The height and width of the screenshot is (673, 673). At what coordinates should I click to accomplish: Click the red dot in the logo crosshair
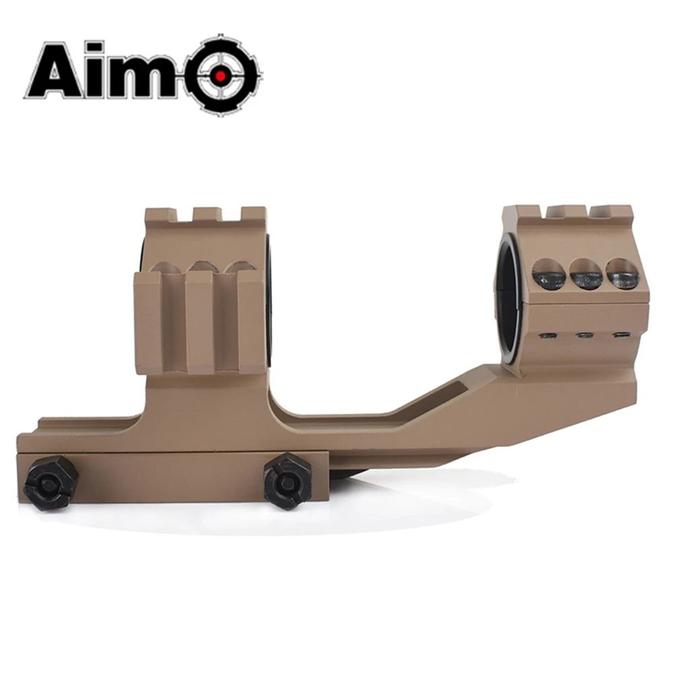(x=220, y=77)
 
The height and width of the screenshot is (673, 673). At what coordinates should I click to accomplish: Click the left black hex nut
(x=50, y=482)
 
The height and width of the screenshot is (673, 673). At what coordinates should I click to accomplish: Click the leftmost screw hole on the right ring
(x=548, y=276)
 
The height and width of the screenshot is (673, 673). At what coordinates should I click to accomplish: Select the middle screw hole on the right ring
(x=585, y=274)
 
